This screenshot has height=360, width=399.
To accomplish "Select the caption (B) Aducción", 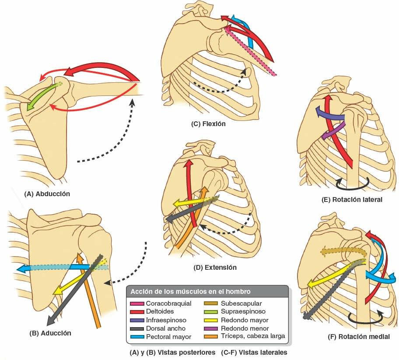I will coord(50,333).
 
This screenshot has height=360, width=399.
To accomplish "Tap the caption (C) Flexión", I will coord(208,124).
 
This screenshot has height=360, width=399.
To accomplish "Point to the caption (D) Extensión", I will coord(214,267).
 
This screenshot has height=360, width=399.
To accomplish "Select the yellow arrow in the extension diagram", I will coord(192,201).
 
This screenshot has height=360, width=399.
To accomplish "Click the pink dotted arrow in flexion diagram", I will coord(254,53).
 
